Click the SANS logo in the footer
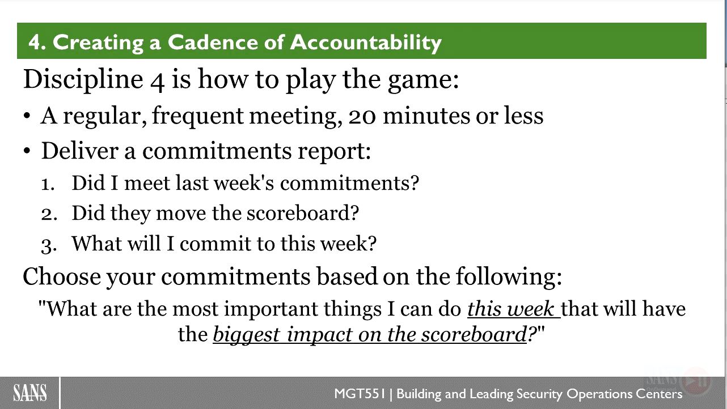pyautogui.click(x=30, y=393)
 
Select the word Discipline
pyautogui.click(x=83, y=80)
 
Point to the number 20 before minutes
pyautogui.click(x=362, y=116)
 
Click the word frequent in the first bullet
pyautogui.click(x=197, y=117)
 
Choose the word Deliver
pyautogui.click(x=80, y=151)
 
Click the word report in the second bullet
pyautogui.click(x=334, y=152)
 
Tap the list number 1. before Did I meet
pyautogui.click(x=48, y=184)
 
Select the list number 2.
pyautogui.click(x=49, y=214)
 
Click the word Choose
pyautogui.click(x=62, y=276)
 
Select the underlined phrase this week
pyautogui.click(x=514, y=309)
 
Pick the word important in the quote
pyautogui.click(x=270, y=309)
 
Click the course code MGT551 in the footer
pyautogui.click(x=360, y=394)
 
